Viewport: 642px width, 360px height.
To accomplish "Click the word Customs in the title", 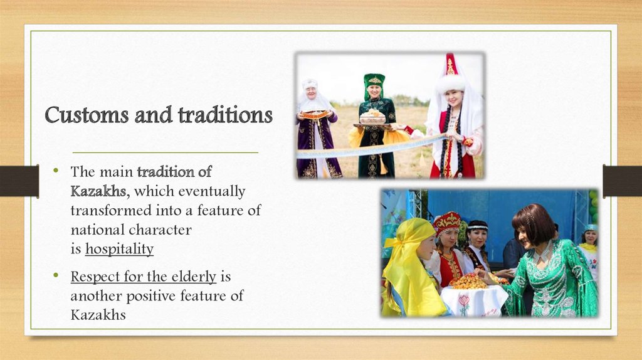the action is tap(87, 115).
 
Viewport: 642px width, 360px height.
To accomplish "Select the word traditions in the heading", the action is tap(225, 115).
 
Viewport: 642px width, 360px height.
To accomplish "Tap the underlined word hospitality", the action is tap(120, 249).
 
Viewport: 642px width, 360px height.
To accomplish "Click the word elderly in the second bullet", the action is tap(194, 277).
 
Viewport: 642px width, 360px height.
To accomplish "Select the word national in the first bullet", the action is tap(97, 230).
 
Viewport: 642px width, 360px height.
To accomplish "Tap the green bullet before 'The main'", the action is tap(56, 169).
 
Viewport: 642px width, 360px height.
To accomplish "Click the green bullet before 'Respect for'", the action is tap(56, 275).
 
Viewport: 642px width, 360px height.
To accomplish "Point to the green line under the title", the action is tap(166, 152).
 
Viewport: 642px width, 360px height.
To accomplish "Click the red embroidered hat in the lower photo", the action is tap(447, 223).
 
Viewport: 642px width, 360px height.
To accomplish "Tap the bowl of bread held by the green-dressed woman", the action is tap(372, 117).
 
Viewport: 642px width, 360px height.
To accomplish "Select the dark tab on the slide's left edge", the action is tap(19, 181).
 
